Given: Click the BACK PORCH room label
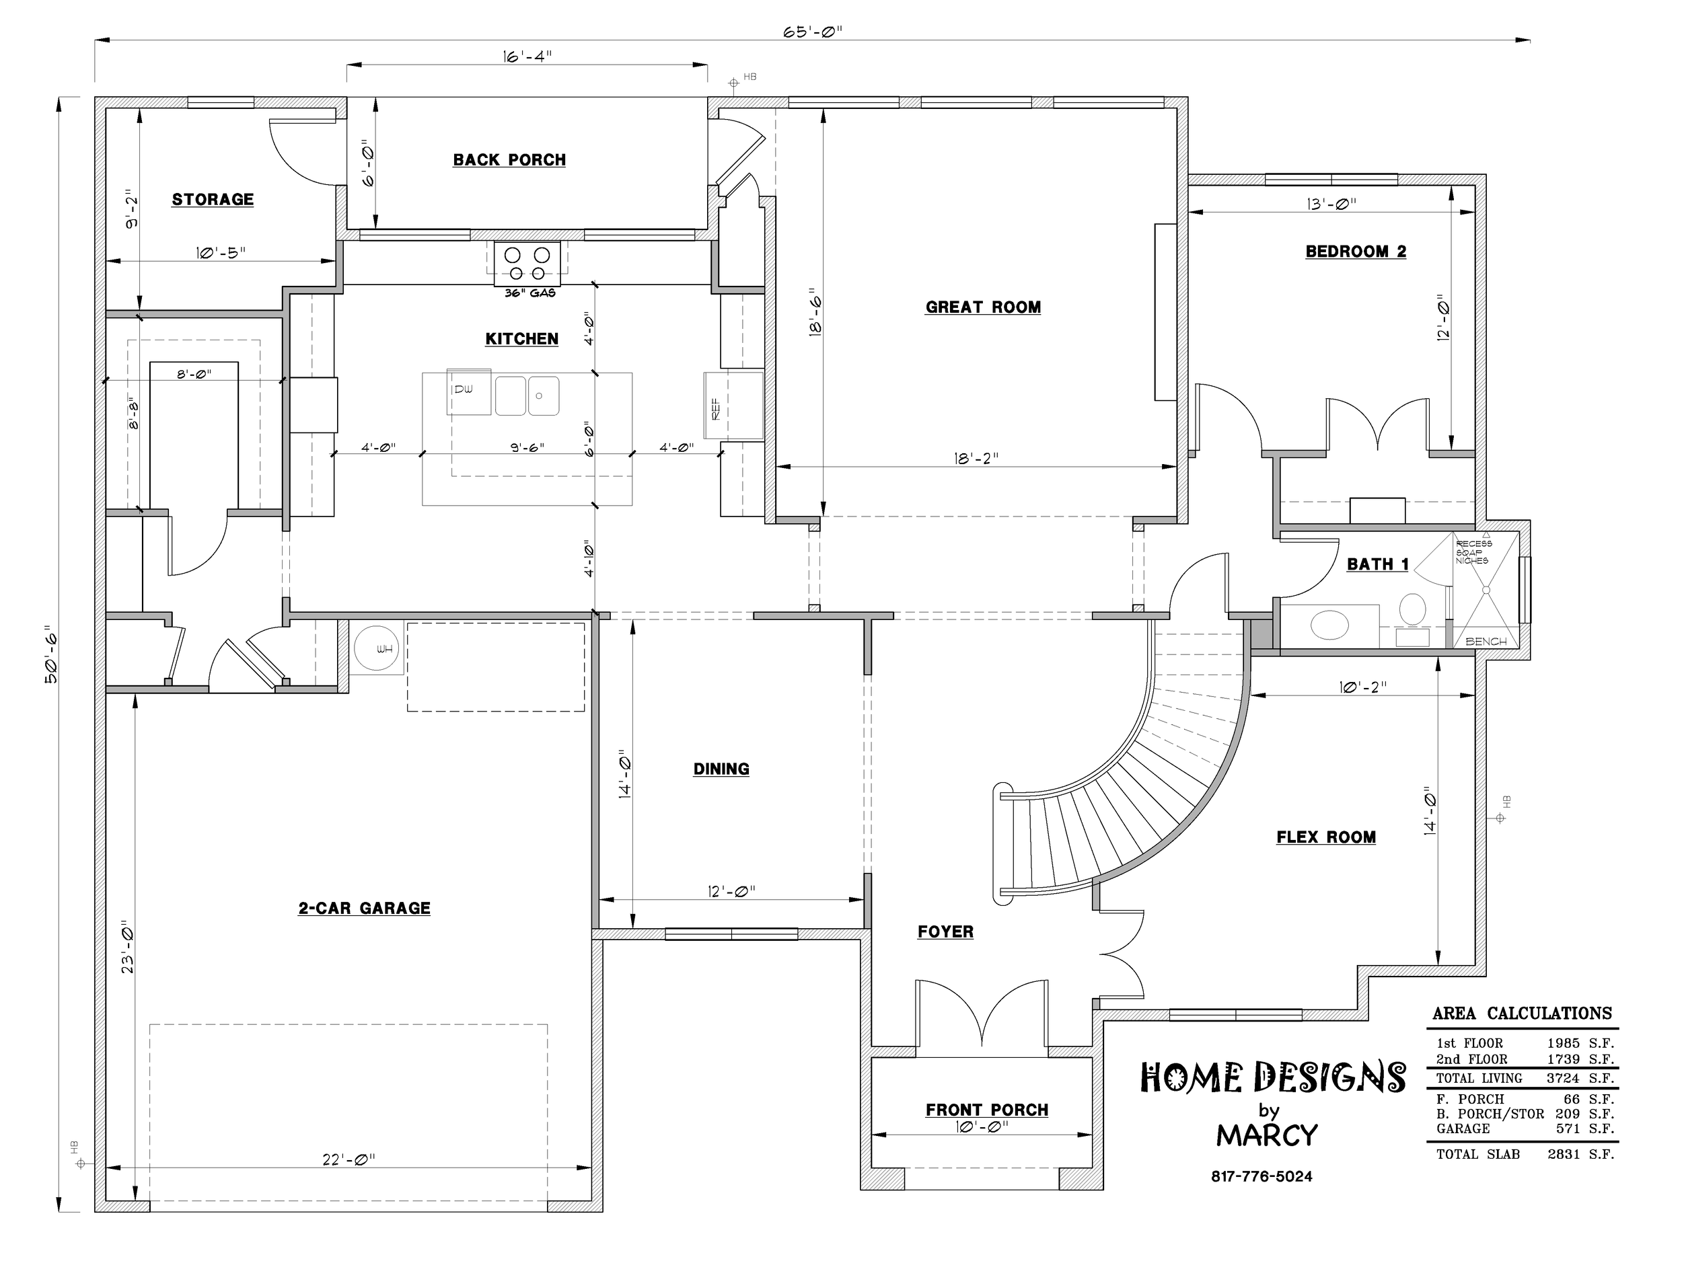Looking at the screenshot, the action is click(x=509, y=159).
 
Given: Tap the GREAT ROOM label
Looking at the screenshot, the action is click(x=983, y=307).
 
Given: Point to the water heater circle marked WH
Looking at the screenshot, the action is click(x=376, y=648).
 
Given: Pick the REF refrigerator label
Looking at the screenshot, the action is click(x=716, y=408).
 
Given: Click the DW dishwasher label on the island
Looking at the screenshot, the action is click(x=463, y=389).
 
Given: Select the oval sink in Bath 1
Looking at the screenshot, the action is click(x=1330, y=625).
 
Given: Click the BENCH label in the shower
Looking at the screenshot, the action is click(x=1486, y=642).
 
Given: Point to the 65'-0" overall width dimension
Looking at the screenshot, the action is click(x=813, y=32).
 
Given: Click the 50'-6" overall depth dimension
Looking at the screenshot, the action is click(x=50, y=654).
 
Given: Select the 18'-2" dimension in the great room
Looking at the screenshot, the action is click(x=976, y=457).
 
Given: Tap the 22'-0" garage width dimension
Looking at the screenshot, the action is click(x=349, y=1159).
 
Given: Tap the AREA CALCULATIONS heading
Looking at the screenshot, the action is click(x=1523, y=1014).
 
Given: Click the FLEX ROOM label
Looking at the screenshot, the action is click(x=1326, y=837).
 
